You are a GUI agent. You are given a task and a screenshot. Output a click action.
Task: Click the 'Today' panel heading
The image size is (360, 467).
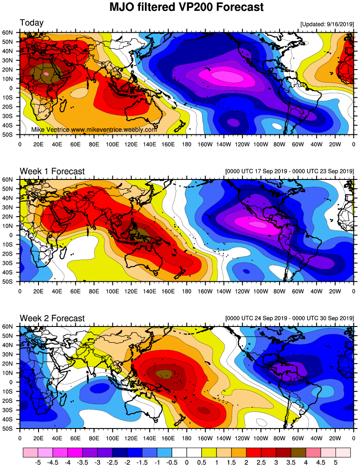(31, 23)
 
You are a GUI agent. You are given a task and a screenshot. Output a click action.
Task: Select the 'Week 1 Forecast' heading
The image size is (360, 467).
(52, 171)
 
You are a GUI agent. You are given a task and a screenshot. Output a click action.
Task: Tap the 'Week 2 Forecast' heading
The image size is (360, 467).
(52, 318)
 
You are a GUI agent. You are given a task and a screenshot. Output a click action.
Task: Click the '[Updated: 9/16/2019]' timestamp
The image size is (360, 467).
(327, 24)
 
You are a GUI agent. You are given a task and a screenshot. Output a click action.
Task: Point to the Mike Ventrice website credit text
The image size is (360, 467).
(94, 130)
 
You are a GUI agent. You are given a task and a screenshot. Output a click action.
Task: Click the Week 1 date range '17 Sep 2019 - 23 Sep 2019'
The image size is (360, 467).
(289, 171)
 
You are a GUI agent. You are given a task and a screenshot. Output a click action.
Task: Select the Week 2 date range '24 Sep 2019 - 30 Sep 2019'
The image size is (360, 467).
(289, 318)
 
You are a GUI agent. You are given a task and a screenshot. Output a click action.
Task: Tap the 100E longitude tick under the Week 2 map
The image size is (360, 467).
(112, 437)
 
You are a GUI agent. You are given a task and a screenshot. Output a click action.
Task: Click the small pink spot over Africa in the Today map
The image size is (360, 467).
(46, 74)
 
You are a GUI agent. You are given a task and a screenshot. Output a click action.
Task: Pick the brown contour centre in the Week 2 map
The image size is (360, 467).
(164, 374)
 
